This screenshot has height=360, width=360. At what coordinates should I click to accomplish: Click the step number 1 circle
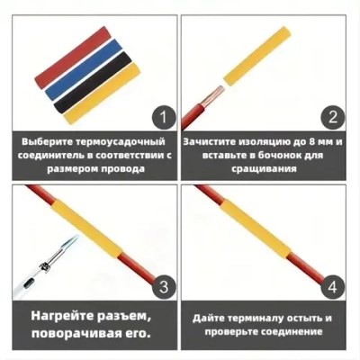click(x=162, y=117)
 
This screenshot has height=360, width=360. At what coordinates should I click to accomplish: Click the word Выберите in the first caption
click(x=46, y=141)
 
